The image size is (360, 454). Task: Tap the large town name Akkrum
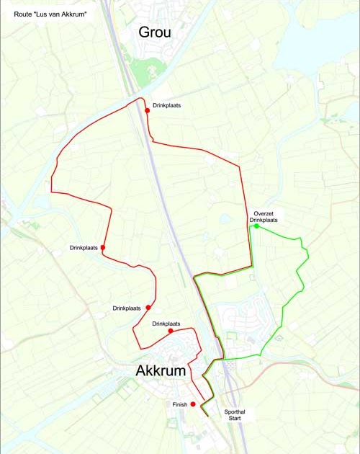[161, 371]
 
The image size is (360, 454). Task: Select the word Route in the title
[24, 14]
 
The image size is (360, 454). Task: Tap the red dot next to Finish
[193, 404]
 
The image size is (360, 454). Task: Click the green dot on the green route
[256, 226]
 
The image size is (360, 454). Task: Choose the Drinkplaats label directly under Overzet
[264, 220]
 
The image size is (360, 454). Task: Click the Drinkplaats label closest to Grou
[166, 106]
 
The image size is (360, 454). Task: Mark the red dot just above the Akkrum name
[171, 331]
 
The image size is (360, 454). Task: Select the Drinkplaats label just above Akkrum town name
[167, 324]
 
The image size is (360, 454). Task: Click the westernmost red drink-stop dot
[103, 248]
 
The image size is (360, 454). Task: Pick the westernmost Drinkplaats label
[84, 248]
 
